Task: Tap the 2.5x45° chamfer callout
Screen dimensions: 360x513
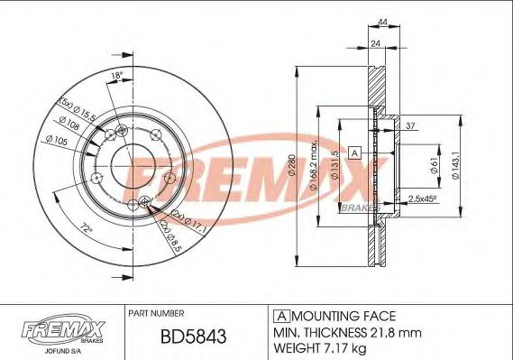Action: (424, 198)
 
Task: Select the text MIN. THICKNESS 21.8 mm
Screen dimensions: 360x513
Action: (334, 331)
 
